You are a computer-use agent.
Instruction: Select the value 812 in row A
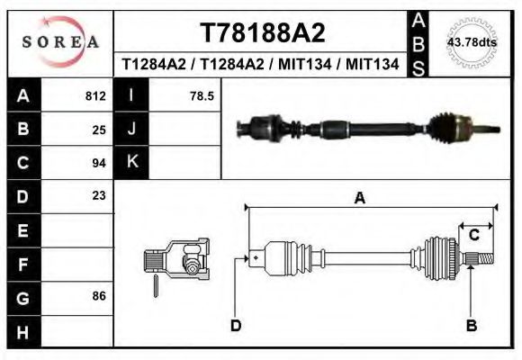pyautogui.click(x=95, y=96)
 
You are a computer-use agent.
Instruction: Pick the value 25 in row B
pyautogui.click(x=99, y=130)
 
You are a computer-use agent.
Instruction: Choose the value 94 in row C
pyautogui.click(x=99, y=163)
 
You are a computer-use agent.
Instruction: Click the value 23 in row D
pyautogui.click(x=99, y=195)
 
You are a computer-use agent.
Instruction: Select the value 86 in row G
pyautogui.click(x=99, y=295)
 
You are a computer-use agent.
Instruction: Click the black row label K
pyautogui.click(x=131, y=163)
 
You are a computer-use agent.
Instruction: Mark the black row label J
pyautogui.click(x=131, y=130)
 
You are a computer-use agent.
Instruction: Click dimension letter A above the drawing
pyautogui.click(x=359, y=199)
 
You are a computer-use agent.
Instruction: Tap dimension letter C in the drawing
pyautogui.click(x=473, y=236)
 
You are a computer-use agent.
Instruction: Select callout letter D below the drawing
pyautogui.click(x=235, y=326)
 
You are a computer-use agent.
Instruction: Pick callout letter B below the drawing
pyautogui.click(x=471, y=326)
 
